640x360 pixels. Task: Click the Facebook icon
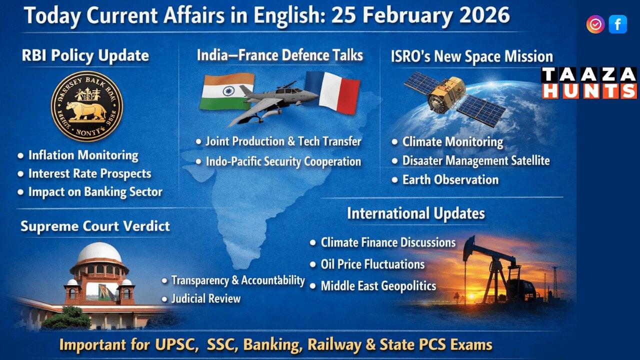pyautogui.click(x=617, y=24)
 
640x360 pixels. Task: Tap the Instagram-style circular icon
pyautogui.click(x=595, y=24)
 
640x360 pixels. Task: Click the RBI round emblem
pyautogui.click(x=87, y=106)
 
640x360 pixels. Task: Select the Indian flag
pyautogui.click(x=226, y=91)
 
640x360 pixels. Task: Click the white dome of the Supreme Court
pyautogui.click(x=99, y=253)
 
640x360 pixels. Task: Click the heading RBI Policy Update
pyautogui.click(x=85, y=55)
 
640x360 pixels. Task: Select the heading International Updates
pyautogui.click(x=415, y=214)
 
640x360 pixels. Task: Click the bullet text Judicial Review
pyautogui.click(x=205, y=299)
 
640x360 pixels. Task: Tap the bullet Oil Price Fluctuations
pyautogui.click(x=372, y=264)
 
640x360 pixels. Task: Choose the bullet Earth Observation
pyautogui.click(x=450, y=180)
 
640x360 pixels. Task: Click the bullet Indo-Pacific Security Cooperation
pyautogui.click(x=283, y=162)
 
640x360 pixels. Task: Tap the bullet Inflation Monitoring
pyautogui.click(x=83, y=155)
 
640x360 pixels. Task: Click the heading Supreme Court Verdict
pyautogui.click(x=95, y=226)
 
